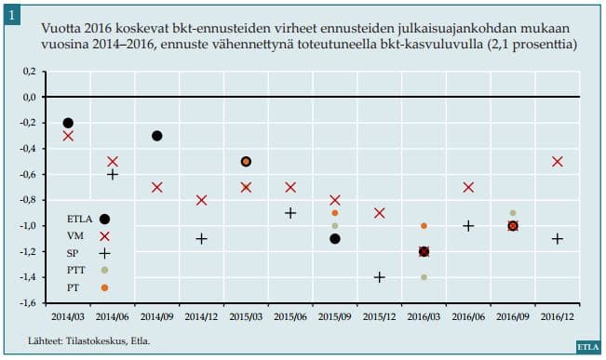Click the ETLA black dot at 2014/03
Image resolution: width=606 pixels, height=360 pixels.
tap(68, 123)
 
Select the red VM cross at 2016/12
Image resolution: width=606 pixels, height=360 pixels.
tap(558, 161)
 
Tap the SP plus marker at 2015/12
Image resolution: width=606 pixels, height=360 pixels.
tap(380, 277)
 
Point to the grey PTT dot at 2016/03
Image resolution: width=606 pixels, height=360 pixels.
tap(424, 277)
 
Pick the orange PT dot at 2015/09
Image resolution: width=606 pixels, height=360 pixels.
tap(335, 213)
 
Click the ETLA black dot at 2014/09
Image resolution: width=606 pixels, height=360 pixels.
tap(157, 136)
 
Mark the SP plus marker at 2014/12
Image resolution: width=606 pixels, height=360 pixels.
tap(202, 239)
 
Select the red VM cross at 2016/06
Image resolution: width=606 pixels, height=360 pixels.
tap(468, 187)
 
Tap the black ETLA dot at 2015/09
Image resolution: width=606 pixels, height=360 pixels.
tap(335, 238)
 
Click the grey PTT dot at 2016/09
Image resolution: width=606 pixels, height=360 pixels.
tap(513, 213)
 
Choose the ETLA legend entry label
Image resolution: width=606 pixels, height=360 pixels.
tap(79, 219)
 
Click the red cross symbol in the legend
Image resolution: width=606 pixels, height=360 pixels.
tap(104, 236)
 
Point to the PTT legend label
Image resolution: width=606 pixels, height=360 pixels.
tap(77, 270)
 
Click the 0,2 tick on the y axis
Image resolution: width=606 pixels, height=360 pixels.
tap(37, 72)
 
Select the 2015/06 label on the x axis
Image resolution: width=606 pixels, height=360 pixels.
tap(290, 317)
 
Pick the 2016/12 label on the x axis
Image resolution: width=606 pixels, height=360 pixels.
tap(558, 317)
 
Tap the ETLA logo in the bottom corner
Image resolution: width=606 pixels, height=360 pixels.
tap(586, 347)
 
